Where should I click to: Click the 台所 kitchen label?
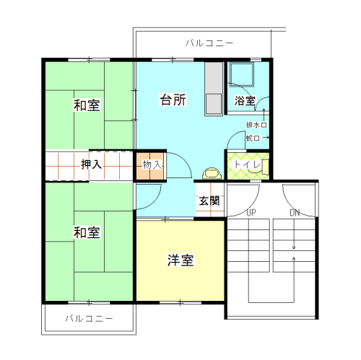pos(173,100)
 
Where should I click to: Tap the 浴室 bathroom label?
pos(245,100)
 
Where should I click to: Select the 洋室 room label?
pos(180,260)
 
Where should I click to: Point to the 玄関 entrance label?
pos(209,201)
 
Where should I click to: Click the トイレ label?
pos(248,164)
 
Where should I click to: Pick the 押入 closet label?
pos(91,164)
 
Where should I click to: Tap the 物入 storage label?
pos(152,164)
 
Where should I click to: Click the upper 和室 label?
pos(87,105)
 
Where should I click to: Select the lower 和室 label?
pos(87,232)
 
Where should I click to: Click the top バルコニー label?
pos(209,43)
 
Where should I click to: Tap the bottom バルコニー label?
pos(89,318)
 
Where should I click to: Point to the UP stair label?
pos(251,213)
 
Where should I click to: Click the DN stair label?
pos(295,213)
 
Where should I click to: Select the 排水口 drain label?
pos(256,125)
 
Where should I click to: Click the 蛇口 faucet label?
pos(253,138)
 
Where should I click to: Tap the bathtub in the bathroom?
pos(242,74)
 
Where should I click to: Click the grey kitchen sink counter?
pos(214,89)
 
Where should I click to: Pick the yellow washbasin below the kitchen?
pos(212,173)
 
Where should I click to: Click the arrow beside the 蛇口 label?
pos(266,138)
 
